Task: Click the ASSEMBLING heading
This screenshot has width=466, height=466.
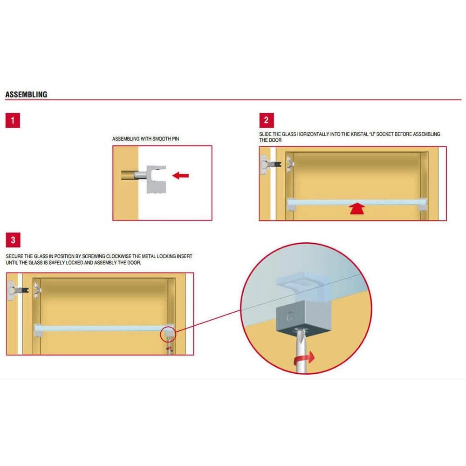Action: [x=26, y=95]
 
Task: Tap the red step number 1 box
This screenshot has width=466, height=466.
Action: [x=13, y=120]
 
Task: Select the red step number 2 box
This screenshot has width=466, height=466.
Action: [x=267, y=120]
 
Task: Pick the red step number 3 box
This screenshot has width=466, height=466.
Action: [x=13, y=240]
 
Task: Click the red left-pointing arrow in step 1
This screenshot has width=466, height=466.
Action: [x=181, y=175]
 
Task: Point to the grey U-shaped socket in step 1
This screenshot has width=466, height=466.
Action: [x=156, y=179]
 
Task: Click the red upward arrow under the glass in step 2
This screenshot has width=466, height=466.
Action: [x=357, y=208]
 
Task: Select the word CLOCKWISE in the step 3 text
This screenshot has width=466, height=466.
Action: [x=118, y=256]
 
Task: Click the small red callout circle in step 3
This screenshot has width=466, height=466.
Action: [x=168, y=334]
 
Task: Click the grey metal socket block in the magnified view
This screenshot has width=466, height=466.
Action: [x=303, y=317]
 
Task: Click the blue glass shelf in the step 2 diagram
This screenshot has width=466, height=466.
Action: [x=356, y=202]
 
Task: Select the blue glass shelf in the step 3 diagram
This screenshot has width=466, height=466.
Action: [x=103, y=328]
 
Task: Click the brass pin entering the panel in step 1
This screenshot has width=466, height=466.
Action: [x=130, y=175]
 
